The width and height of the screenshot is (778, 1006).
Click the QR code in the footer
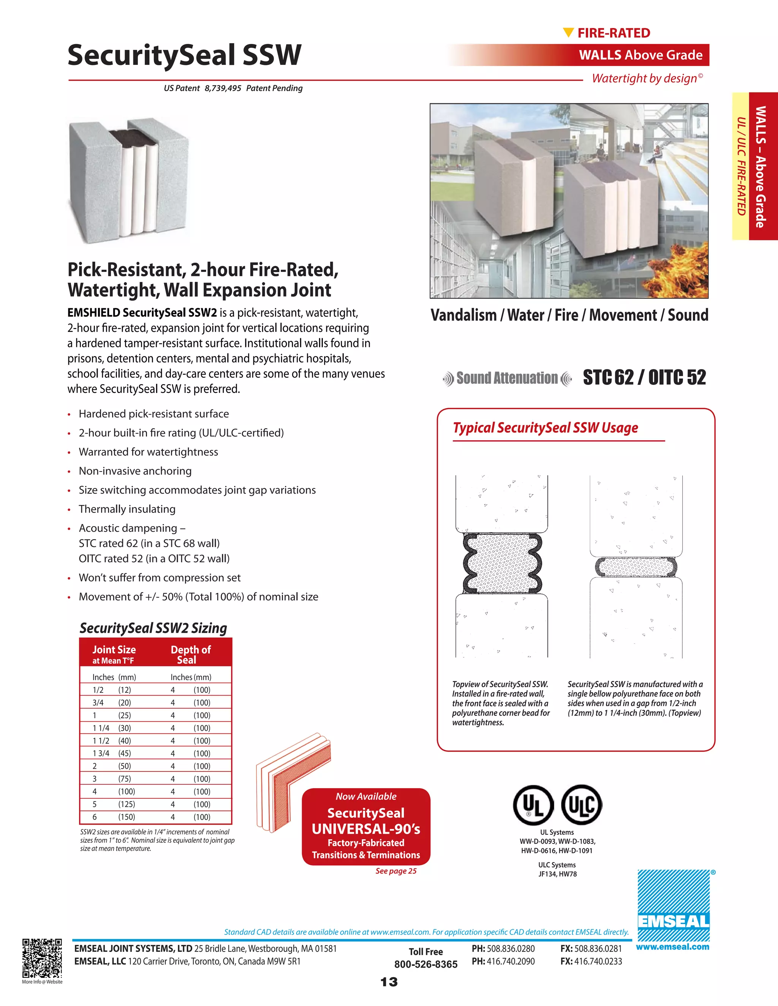(42, 958)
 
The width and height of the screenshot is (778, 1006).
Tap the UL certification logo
(534, 805)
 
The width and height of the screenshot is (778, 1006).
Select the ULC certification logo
(582, 805)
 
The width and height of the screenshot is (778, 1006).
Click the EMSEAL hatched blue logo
(674, 905)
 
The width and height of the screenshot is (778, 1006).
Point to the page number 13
(389, 982)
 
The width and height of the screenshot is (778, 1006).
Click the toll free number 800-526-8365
(425, 964)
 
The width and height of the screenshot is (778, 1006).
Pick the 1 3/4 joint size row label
(101, 753)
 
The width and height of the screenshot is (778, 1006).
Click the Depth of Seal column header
(190, 654)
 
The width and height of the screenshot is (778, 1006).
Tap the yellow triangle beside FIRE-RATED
(568, 32)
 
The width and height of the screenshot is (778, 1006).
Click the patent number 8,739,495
(223, 88)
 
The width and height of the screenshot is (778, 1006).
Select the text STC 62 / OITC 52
(644, 377)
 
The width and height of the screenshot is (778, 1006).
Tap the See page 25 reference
(395, 870)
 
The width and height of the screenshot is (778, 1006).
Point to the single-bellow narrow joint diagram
(636, 566)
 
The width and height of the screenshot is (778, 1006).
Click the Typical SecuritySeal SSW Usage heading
(545, 427)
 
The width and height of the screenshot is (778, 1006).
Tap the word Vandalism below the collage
(463, 315)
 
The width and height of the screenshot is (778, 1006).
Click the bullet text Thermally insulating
(127, 509)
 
